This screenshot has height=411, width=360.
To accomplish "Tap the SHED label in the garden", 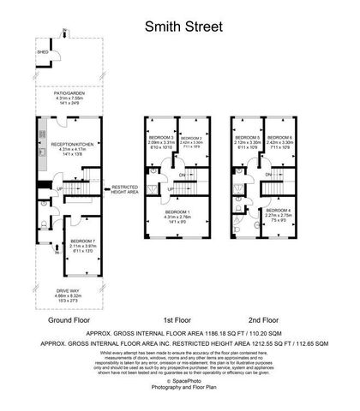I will tap(40, 50).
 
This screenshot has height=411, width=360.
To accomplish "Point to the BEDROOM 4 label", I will tap(279, 210).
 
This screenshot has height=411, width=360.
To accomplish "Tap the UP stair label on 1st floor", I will tap(171, 188).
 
